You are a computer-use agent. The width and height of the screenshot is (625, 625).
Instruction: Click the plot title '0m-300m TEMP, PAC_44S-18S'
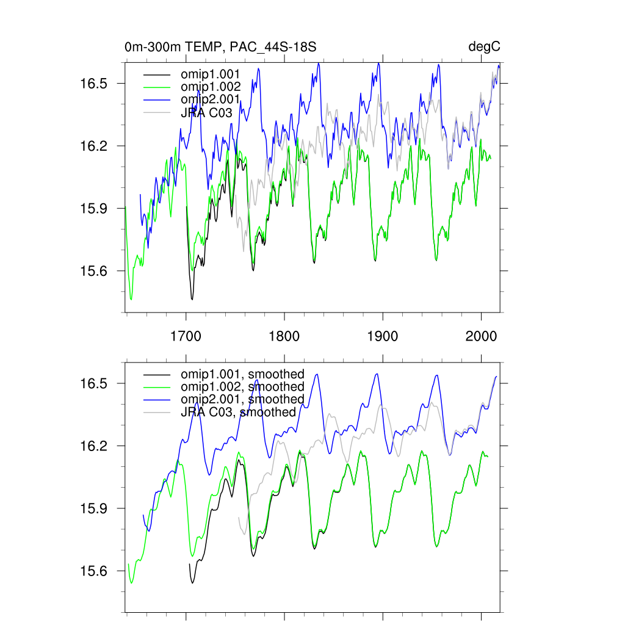220,47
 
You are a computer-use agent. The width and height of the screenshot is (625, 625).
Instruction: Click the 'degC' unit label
485,47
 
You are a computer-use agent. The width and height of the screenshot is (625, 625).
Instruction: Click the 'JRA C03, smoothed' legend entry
238,412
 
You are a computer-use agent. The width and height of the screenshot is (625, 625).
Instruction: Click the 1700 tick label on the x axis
186,336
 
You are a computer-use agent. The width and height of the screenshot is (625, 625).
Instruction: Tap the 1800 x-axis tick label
284,336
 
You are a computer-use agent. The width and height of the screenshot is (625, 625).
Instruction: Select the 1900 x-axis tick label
382,336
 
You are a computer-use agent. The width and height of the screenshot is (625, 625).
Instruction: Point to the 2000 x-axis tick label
480,336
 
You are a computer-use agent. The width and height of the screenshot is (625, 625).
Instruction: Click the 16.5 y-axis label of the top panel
95,84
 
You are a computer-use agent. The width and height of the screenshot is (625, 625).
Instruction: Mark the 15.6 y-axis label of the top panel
95,271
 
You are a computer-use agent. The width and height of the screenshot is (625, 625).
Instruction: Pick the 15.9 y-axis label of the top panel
95,209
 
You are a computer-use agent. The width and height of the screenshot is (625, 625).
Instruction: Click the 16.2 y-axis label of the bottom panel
95,446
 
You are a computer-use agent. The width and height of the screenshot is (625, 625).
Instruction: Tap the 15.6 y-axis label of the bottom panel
95,571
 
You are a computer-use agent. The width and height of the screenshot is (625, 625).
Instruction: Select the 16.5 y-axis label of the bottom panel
95,384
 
